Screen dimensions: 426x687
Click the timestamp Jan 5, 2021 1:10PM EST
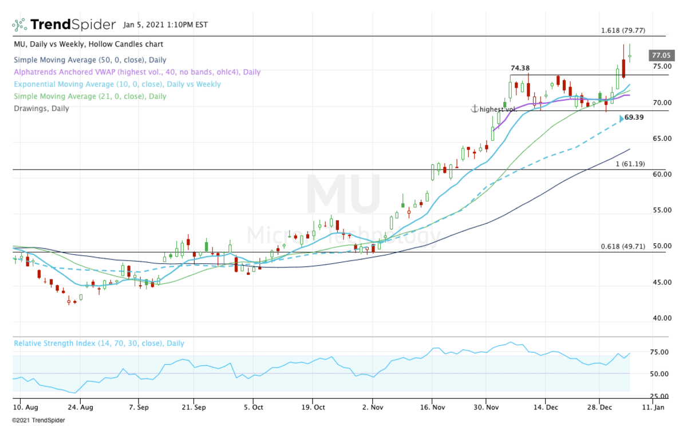coord(165,25)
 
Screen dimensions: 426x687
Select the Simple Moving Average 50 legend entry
coord(90,60)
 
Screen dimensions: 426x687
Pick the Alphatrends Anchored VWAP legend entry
coord(137,72)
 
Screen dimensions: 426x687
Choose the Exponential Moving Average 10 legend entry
coord(117,84)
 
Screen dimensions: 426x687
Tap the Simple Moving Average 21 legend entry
coord(90,96)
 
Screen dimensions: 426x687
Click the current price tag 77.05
coord(661,56)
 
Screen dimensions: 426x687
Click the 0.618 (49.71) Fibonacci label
coord(623,247)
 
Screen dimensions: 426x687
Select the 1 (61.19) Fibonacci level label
coord(630,164)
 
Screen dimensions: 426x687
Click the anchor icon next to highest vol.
coord(474,109)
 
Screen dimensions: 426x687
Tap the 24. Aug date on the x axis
coord(80,408)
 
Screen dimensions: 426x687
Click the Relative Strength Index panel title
coord(99,344)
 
